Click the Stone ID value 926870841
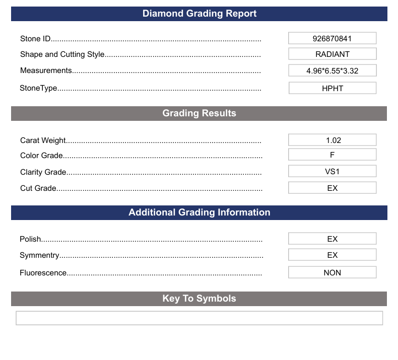click(x=332, y=38)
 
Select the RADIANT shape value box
click(x=332, y=54)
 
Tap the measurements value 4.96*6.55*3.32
click(x=332, y=70)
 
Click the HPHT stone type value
click(x=332, y=88)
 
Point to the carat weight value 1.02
click(x=332, y=140)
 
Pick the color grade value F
click(x=332, y=155)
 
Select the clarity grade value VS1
click(x=332, y=171)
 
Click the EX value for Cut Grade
click(x=332, y=188)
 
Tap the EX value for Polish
click(x=332, y=239)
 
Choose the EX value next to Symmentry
click(x=332, y=255)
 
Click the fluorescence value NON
click(x=332, y=272)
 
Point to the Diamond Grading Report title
click(x=199, y=14)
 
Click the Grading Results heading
click(x=199, y=113)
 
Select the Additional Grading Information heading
click(x=199, y=212)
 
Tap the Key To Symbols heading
click(x=199, y=299)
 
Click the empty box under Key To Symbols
click(x=199, y=318)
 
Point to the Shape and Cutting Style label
click(x=62, y=54)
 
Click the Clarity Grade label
click(x=43, y=172)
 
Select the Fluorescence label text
click(x=43, y=273)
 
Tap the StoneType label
click(x=38, y=88)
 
